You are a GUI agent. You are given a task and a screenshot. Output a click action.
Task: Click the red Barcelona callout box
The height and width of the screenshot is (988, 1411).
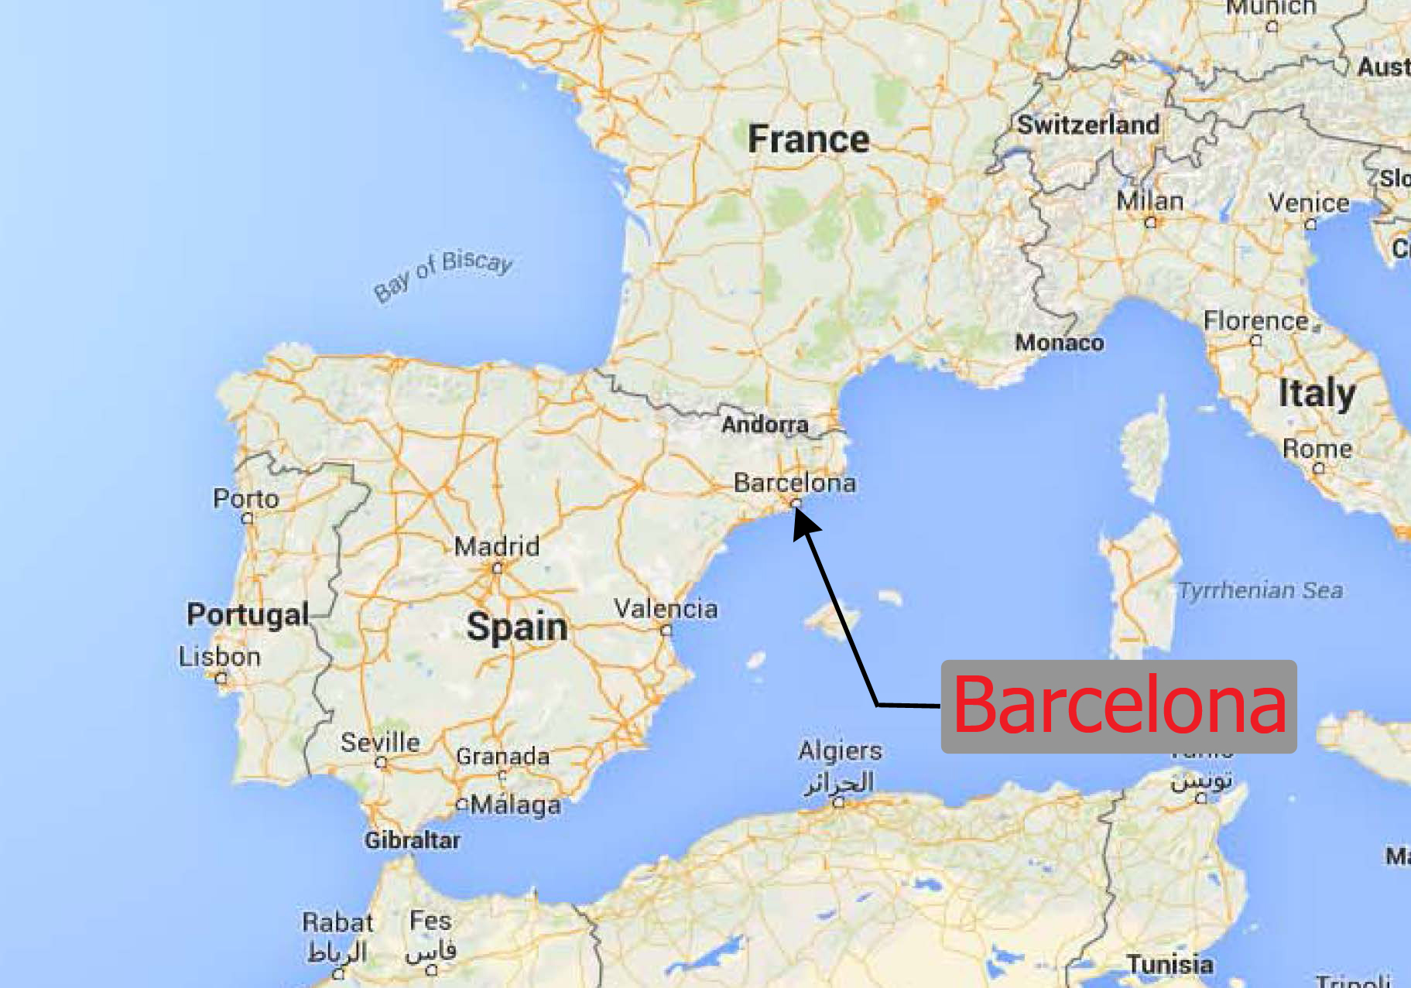tap(1118, 706)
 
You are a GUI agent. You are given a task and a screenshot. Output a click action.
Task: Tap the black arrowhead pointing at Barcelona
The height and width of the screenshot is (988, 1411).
tap(804, 524)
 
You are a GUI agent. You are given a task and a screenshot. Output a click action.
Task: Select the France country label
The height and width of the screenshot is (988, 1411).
tap(808, 140)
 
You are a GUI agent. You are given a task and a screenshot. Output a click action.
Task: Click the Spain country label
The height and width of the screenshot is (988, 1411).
tap(517, 627)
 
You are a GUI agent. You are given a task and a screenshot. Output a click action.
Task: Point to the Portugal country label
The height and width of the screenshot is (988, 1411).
tap(248, 615)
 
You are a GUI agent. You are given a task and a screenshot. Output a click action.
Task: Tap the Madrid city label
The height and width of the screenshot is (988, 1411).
tap(496, 547)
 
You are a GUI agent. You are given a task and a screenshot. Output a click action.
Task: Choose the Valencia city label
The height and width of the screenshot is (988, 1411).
tap(666, 609)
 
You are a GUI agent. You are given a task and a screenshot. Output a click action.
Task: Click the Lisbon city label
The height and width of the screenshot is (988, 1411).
tap(220, 657)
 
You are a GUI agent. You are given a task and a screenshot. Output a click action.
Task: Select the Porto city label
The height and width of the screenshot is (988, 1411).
tap(246, 498)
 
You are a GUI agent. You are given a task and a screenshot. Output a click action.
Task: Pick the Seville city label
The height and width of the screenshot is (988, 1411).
tap(380, 743)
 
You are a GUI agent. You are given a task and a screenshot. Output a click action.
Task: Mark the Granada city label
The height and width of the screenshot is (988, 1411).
tap(503, 756)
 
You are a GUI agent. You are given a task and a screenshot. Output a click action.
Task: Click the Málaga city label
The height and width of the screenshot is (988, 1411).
tap(515, 805)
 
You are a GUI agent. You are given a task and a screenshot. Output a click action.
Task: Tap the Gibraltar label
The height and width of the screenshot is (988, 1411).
tap(413, 840)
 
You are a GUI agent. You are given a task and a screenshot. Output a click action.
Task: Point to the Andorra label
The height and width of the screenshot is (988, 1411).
tap(765, 425)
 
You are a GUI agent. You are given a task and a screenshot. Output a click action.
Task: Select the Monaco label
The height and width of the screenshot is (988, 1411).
tap(1060, 343)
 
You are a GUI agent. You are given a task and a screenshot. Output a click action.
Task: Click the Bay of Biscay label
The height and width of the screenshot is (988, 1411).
tap(443, 274)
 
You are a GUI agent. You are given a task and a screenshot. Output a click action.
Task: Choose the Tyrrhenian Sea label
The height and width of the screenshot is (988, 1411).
tap(1260, 591)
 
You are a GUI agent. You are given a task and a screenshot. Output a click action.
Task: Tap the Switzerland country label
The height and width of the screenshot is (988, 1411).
tap(1088, 125)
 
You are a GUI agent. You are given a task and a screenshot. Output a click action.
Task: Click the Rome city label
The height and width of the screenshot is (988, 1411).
tap(1317, 449)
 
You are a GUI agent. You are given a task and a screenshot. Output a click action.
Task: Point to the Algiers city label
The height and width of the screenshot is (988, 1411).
tap(840, 750)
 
